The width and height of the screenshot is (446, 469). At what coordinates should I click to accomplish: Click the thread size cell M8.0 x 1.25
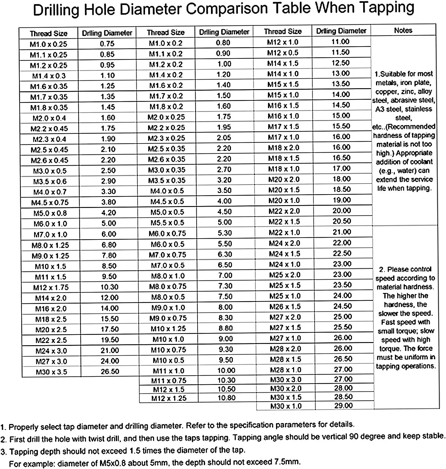(x=50, y=245)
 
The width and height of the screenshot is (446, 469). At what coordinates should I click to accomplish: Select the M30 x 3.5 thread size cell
(x=51, y=372)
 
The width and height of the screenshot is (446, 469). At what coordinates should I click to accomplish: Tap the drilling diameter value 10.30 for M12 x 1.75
(x=109, y=287)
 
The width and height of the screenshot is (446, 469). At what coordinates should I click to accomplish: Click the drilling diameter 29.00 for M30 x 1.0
(x=343, y=406)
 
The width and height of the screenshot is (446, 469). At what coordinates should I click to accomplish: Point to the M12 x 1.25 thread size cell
(x=169, y=398)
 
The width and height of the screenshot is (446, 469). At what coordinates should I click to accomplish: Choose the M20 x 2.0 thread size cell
(x=284, y=179)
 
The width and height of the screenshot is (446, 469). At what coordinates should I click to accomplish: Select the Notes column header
(x=403, y=30)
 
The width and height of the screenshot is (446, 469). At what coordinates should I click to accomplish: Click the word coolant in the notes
(x=419, y=162)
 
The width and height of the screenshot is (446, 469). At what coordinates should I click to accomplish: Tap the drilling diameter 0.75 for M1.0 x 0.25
(x=107, y=44)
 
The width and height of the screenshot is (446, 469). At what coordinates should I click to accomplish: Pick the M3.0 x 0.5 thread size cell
(x=50, y=171)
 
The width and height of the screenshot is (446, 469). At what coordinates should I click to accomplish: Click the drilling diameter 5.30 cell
(x=225, y=233)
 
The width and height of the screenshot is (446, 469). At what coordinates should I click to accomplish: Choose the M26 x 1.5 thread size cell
(x=285, y=307)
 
